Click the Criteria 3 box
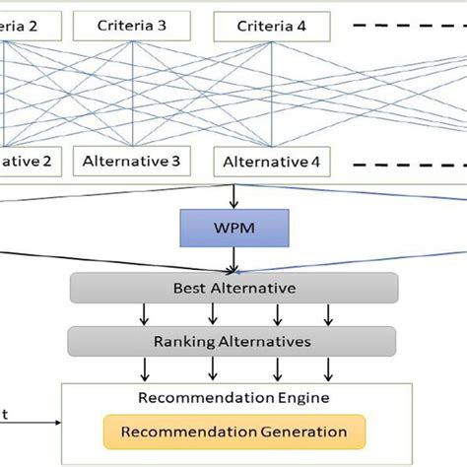click(133, 27)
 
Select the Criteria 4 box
click(271, 27)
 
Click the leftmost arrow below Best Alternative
click(146, 314)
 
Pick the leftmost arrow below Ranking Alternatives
click(146, 369)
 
